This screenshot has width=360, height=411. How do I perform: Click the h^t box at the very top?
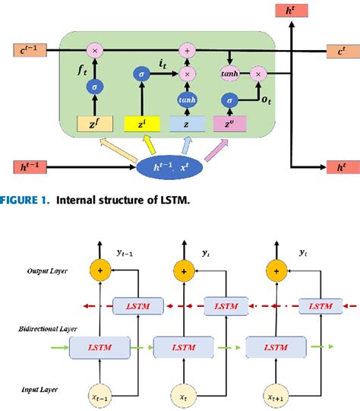291,11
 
